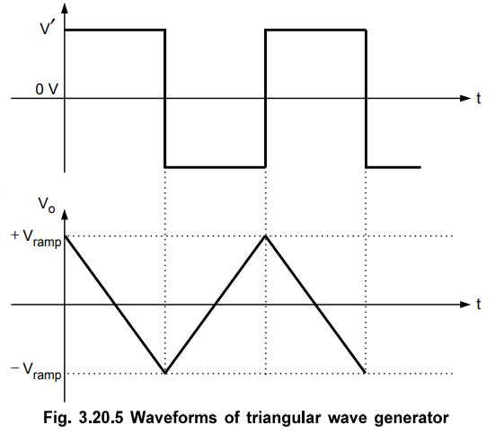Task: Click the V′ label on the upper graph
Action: click(x=49, y=28)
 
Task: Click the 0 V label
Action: click(x=47, y=89)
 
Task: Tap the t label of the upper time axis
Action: click(x=479, y=98)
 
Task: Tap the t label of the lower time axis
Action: click(x=479, y=305)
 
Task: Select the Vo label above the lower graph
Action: click(x=47, y=204)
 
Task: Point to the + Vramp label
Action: click(x=36, y=238)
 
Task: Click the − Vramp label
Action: click(x=36, y=371)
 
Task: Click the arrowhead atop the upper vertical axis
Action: click(x=65, y=8)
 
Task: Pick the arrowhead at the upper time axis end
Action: click(x=465, y=98)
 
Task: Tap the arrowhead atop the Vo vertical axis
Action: click(x=65, y=214)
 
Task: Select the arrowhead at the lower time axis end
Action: click(x=465, y=305)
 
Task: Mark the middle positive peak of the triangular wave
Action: click(x=266, y=236)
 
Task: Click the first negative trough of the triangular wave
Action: click(x=165, y=373)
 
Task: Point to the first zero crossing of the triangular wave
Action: click(x=115, y=305)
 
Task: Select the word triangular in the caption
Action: click(x=284, y=418)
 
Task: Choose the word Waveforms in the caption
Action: click(x=173, y=418)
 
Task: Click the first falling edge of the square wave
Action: click(x=164, y=98)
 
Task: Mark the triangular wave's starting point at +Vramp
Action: click(x=65, y=236)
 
